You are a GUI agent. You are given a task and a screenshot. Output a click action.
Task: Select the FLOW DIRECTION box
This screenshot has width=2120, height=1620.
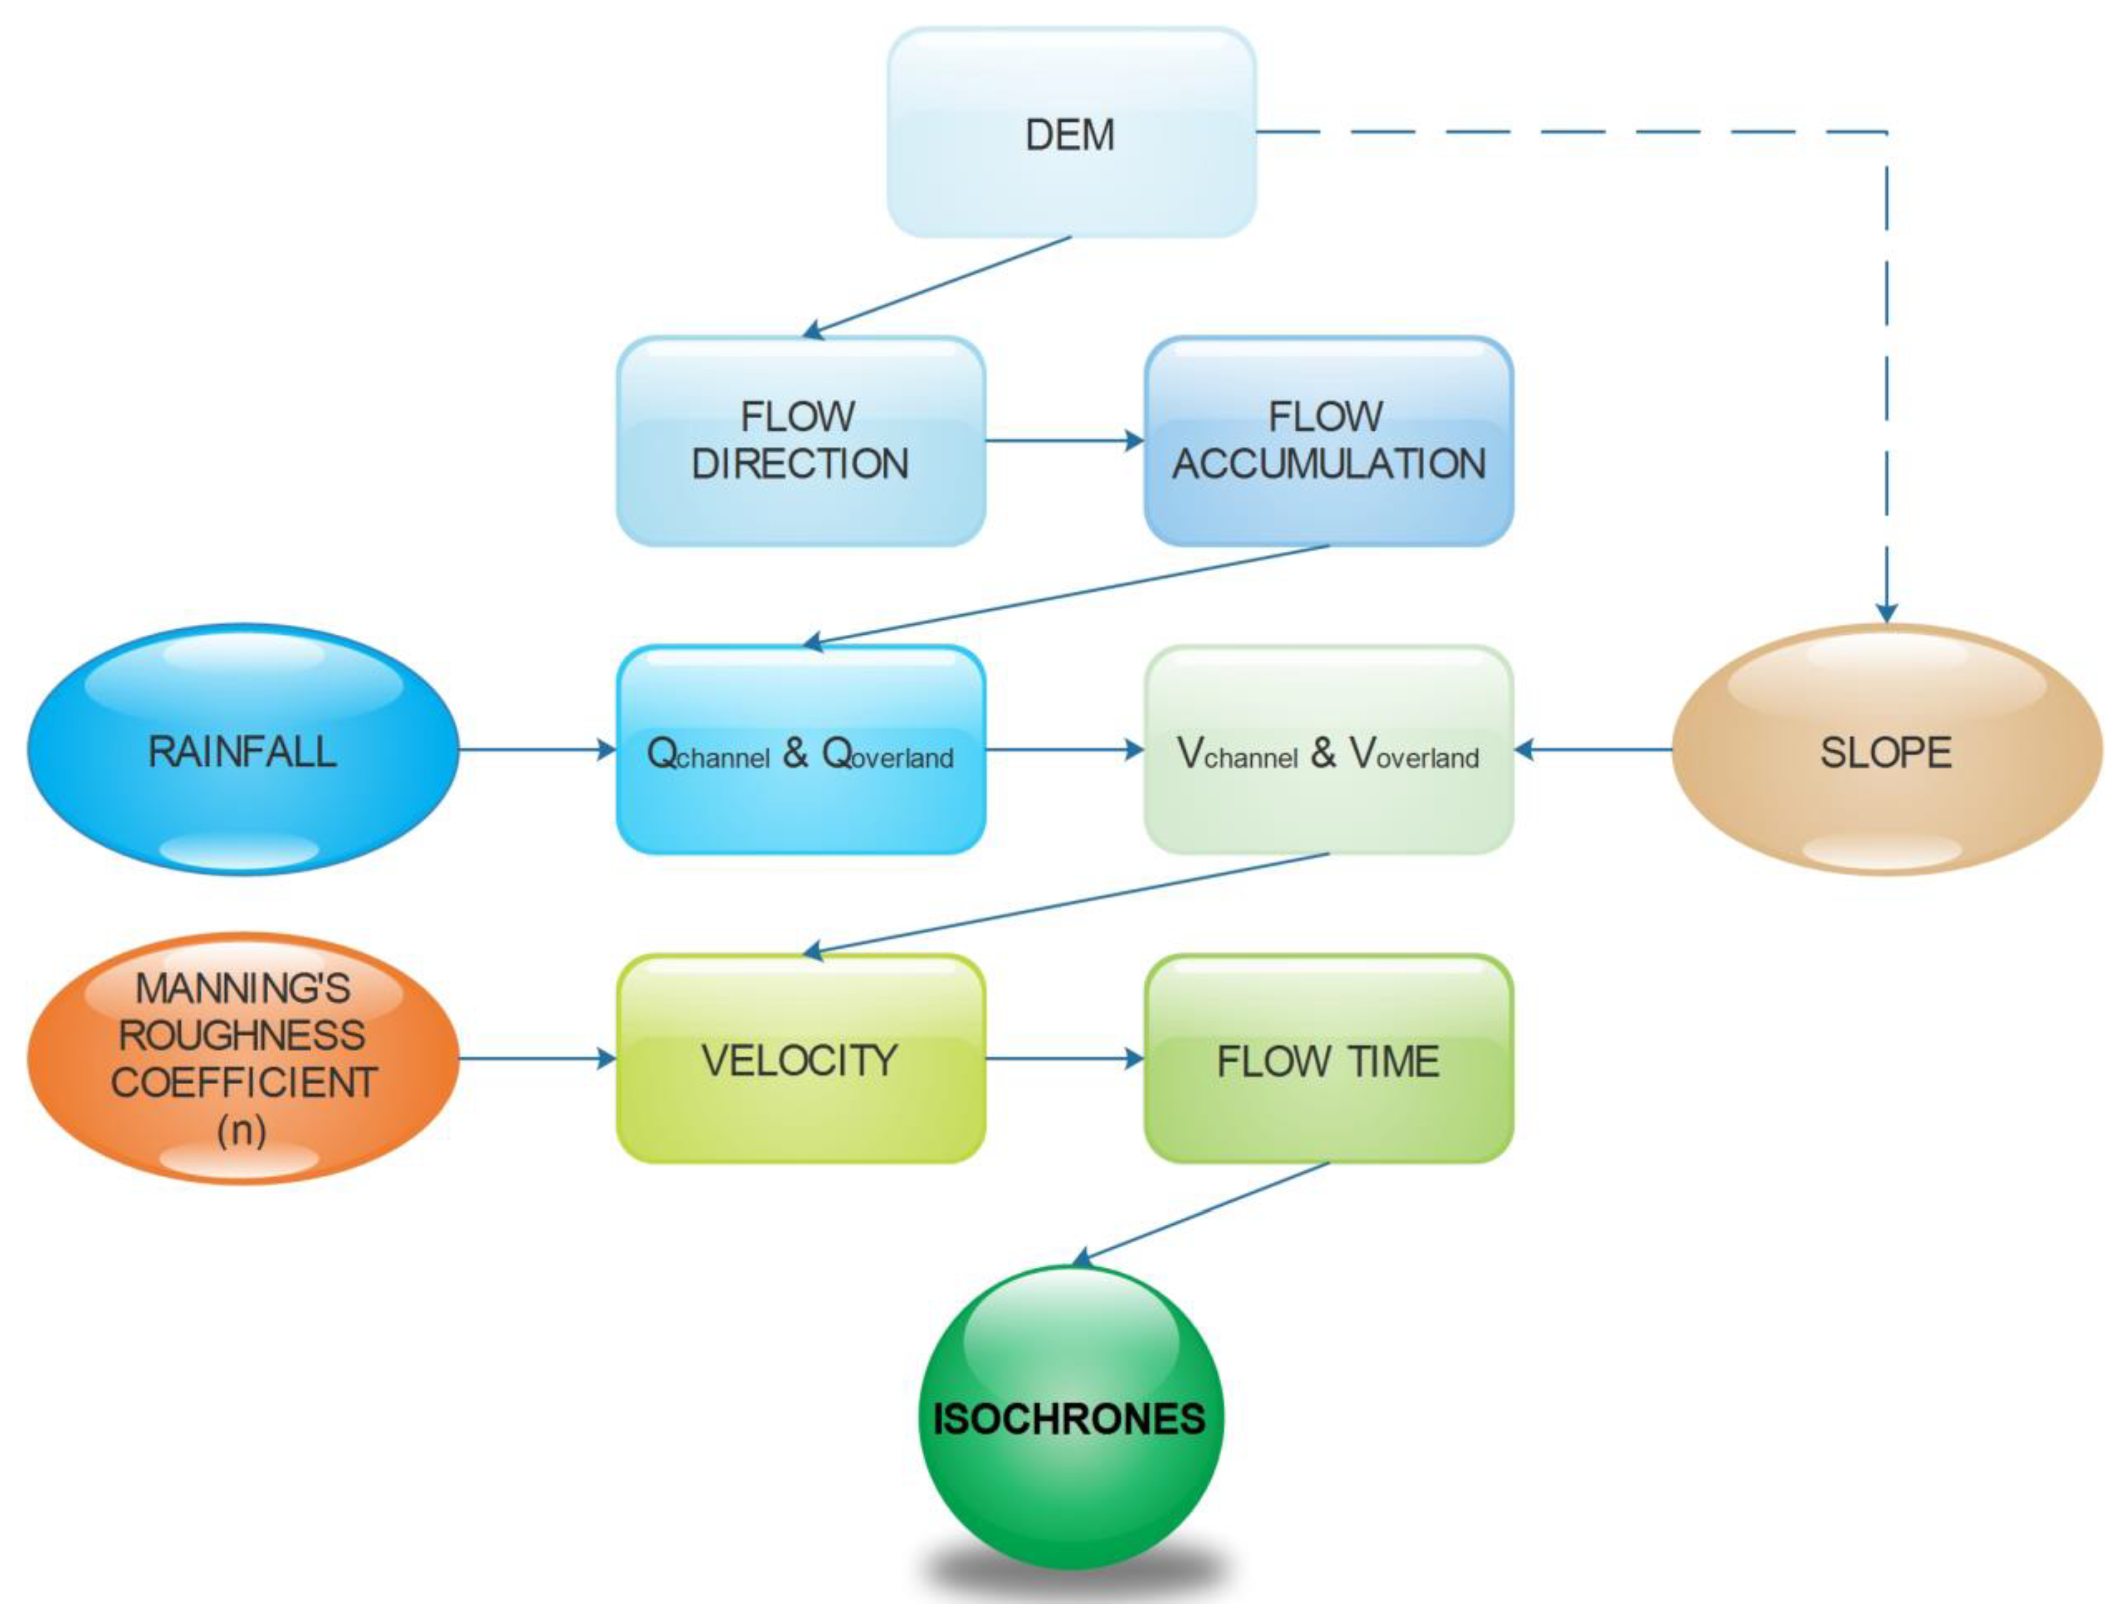point(800,441)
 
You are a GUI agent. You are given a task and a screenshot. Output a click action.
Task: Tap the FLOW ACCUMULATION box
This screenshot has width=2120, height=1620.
point(1327,441)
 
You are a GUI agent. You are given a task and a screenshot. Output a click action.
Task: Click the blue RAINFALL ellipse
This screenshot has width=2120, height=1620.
point(242,749)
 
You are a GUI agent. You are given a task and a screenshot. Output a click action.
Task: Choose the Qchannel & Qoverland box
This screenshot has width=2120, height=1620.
point(800,749)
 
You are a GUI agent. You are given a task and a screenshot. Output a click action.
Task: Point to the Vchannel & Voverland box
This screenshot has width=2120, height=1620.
point(1327,749)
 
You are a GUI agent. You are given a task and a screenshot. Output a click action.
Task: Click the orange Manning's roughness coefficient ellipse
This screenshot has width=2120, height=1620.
point(242,1058)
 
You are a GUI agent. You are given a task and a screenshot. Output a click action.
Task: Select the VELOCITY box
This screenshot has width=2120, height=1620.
point(800,1058)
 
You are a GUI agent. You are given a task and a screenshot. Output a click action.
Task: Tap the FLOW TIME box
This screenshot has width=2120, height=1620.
point(1327,1058)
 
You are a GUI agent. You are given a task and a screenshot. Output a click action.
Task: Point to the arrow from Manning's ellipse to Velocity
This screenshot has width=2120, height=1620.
point(536,1058)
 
